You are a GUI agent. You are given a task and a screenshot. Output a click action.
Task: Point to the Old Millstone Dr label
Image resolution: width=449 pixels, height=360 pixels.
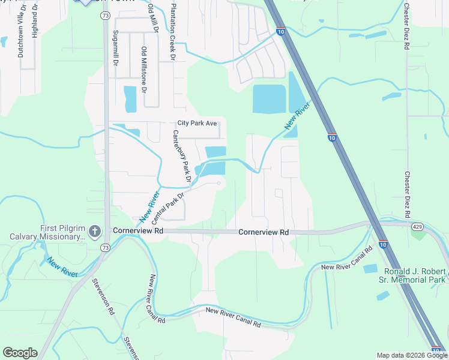(144, 70)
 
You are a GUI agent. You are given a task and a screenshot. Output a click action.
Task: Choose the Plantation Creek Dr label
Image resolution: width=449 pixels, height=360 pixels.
(173, 31)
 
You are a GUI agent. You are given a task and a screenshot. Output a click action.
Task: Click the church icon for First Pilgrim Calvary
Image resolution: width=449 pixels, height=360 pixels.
(94, 231)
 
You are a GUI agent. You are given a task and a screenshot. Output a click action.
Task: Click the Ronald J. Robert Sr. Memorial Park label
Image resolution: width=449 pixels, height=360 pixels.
(415, 275)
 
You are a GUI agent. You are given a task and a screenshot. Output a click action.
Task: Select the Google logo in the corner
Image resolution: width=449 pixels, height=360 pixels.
(20, 352)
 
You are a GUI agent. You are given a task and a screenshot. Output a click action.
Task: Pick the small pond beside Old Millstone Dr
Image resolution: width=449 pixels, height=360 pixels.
(130, 98)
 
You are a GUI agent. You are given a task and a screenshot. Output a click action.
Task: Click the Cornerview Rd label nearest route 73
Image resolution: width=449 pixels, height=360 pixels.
(137, 230)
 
